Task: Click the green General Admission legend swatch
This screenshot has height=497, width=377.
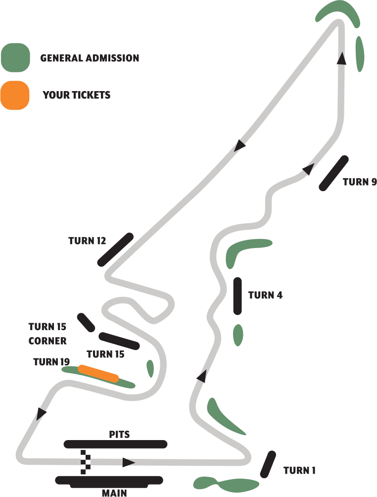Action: tap(15, 57)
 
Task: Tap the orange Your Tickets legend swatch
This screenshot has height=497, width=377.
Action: tap(15, 95)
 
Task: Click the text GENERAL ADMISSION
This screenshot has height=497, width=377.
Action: tap(90, 58)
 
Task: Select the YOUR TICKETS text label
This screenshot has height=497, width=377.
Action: tap(77, 95)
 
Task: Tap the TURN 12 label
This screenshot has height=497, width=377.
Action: tap(88, 241)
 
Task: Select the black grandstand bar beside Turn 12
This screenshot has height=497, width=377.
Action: tap(115, 249)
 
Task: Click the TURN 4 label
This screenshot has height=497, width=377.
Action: tap(265, 295)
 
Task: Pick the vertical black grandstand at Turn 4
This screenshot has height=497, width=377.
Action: tap(237, 296)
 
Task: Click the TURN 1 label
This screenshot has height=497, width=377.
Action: tap(299, 470)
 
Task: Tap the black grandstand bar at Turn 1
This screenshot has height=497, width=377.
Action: tap(268, 464)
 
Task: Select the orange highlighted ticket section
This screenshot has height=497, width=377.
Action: tap(98, 374)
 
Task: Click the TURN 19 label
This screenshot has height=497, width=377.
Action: tap(51, 362)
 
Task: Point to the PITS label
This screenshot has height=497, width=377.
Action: tap(119, 434)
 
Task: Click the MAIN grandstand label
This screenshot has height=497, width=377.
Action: tap(114, 493)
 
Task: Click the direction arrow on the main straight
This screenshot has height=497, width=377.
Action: tap(129, 462)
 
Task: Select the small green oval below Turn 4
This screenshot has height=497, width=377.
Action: tap(238, 335)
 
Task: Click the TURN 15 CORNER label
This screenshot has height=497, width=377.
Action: tap(47, 334)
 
